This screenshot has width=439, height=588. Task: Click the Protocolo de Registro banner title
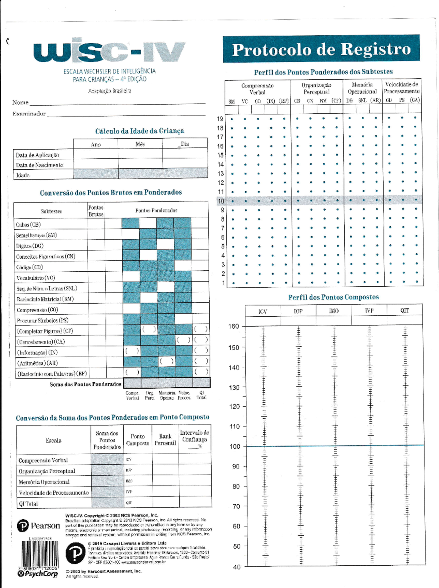[321, 49]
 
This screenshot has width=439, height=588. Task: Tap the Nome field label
[20, 102]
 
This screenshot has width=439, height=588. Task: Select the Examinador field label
[29, 114]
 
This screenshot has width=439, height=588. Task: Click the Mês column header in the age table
[140, 144]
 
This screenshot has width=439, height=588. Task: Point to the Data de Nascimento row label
[40, 165]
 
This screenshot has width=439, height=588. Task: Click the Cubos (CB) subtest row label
[28, 225]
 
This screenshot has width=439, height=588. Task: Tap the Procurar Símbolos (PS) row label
[42, 320]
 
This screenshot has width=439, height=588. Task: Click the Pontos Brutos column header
[96, 211]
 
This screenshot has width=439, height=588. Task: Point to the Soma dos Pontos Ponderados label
[86, 384]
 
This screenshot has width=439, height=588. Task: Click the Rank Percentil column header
[165, 440]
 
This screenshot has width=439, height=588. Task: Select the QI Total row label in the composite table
[28, 504]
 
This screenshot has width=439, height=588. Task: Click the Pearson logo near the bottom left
[38, 526]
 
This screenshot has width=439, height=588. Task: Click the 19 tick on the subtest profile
[220, 119]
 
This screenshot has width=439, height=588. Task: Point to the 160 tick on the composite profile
[233, 326]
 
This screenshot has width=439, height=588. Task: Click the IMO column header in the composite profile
[334, 311]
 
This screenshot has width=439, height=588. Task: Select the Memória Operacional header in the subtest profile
[362, 88]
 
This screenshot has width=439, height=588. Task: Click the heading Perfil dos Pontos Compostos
[333, 297]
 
